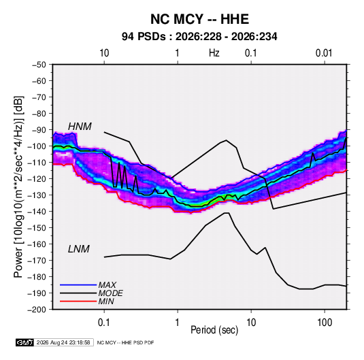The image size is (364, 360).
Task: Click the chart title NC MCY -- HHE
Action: [x=199, y=19]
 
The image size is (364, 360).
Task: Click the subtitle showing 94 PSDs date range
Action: [x=199, y=37]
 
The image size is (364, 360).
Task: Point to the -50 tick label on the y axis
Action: [x=39, y=65]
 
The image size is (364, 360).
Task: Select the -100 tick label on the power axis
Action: [x=37, y=146]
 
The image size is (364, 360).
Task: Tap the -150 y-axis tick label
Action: [x=37, y=228]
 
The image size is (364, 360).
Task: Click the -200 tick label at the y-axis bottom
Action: [x=37, y=310]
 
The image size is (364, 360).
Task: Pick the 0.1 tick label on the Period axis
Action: [x=104, y=323]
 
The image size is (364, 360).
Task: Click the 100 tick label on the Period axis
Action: [x=325, y=323]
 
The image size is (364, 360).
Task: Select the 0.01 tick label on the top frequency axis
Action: [x=324, y=53]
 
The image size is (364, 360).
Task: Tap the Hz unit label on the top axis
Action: [x=214, y=53]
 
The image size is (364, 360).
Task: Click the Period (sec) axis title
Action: [x=214, y=330]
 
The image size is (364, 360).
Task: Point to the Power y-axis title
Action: [x=18, y=187]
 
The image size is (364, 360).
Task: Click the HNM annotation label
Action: [x=80, y=127]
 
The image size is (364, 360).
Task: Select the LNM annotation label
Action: [x=79, y=249]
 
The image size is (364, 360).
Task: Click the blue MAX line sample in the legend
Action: [x=78, y=284]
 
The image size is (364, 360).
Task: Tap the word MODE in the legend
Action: [x=110, y=293]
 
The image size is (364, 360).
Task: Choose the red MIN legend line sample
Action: [x=78, y=301]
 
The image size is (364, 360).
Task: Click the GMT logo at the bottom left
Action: [x=25, y=342]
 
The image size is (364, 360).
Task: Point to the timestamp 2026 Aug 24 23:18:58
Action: [x=63, y=342]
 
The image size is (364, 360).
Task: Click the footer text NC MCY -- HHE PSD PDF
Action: [x=125, y=342]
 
